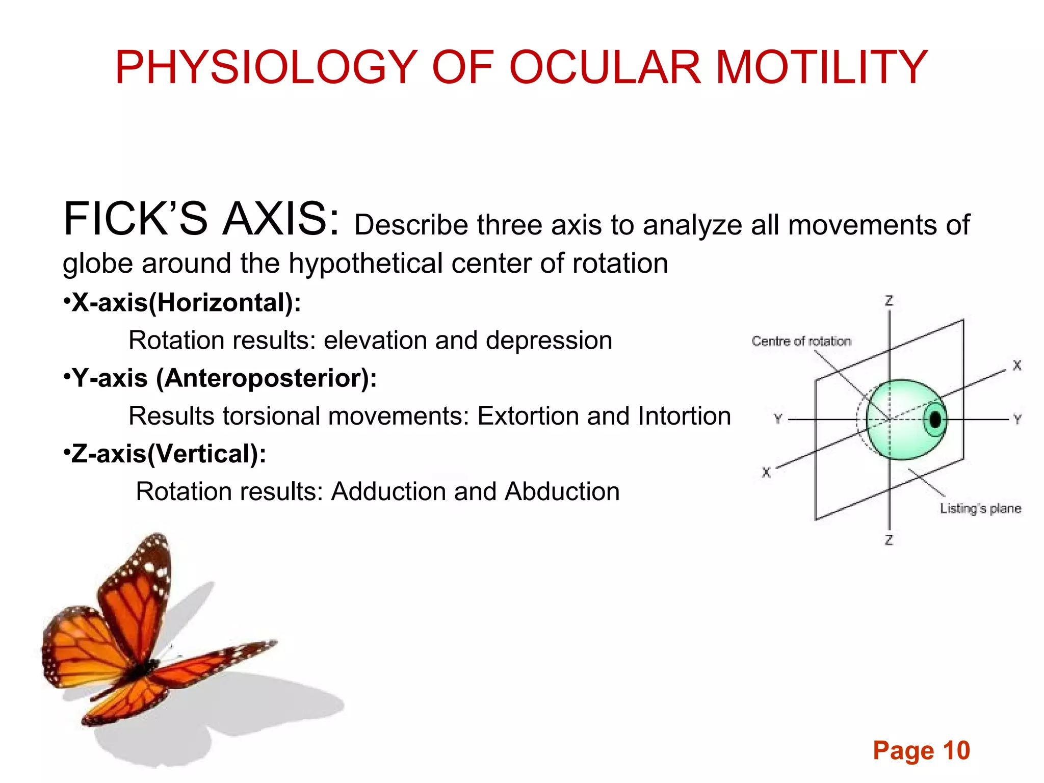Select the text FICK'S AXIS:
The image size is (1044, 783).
coord(201,220)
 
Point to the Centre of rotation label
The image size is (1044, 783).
coord(801,341)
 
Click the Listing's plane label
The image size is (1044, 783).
coord(980,508)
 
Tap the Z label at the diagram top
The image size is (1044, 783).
coord(889,301)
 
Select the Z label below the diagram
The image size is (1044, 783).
coord(889,540)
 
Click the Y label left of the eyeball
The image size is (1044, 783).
coord(778,419)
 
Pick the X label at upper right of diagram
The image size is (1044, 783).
coord(1016,366)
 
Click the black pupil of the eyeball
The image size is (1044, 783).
coord(935,420)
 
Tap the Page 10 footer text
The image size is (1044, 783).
coord(921,750)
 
